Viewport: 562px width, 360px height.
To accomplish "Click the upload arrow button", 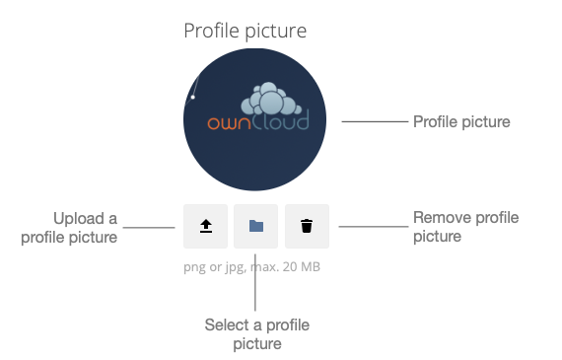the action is click(x=205, y=226).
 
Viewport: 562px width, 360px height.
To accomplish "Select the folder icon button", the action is click(x=256, y=226).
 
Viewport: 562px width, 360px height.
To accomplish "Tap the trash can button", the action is click(x=307, y=226).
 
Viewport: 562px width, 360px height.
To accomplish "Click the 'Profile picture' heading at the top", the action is click(x=246, y=32).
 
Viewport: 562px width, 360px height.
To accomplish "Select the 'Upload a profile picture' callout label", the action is click(x=85, y=227).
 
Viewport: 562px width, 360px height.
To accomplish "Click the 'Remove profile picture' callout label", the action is click(x=465, y=227).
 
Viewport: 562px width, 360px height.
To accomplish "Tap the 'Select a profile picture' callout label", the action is click(x=256, y=333).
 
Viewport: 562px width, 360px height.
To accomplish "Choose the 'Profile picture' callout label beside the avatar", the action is click(x=461, y=122).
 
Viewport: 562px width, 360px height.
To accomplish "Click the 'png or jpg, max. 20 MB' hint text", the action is click(x=252, y=266).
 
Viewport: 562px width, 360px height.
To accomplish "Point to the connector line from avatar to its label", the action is click(x=374, y=122).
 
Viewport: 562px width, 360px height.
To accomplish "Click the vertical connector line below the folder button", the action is click(x=256, y=291).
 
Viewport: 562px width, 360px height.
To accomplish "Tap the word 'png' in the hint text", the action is click(x=194, y=267).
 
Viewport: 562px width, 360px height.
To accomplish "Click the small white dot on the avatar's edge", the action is click(x=193, y=97).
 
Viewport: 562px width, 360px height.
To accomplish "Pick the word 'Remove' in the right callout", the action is click(x=439, y=218).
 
